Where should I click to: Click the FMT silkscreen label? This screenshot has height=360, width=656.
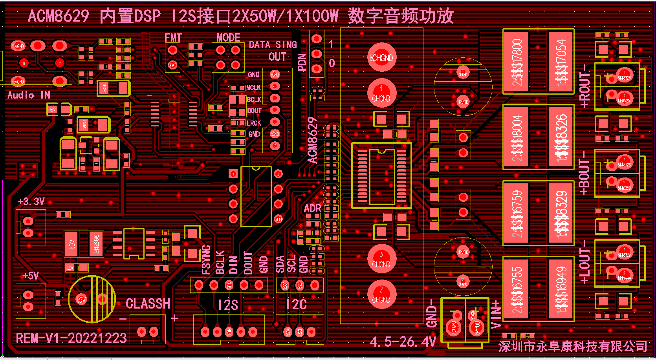point(173,38)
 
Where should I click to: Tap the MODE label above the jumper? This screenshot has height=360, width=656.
point(228,38)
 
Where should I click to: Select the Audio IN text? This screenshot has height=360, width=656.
point(29,95)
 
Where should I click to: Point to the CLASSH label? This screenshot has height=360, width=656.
point(148,303)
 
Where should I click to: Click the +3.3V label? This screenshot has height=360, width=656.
point(31,202)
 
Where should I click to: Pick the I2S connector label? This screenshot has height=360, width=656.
point(228,305)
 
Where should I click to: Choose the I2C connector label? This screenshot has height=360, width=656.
point(296,305)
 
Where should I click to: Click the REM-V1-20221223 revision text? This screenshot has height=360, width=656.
point(71,338)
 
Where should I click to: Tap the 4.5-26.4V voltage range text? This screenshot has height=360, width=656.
point(403,342)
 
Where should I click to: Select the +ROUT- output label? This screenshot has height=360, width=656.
point(585,86)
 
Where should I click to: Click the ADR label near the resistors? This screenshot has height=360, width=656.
point(312,208)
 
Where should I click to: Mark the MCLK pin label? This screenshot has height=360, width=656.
point(253,88)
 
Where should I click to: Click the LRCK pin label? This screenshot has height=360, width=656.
point(254,123)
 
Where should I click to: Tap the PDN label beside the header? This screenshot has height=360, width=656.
point(302,62)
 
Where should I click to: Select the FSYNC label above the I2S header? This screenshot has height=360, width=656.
point(206,259)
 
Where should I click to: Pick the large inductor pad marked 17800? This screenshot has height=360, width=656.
point(516,62)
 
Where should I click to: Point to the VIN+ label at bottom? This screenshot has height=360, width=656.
point(496,314)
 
